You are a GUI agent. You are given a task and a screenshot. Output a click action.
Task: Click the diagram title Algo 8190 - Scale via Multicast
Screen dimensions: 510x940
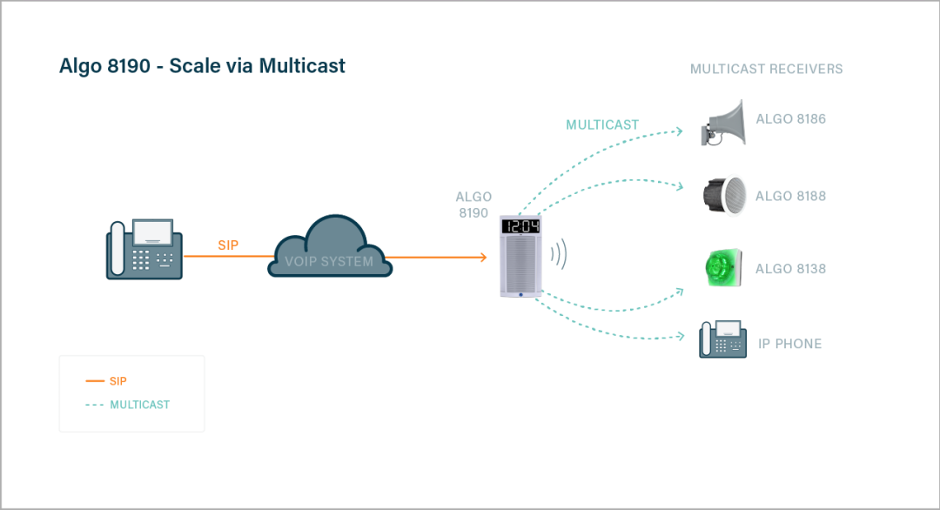(202, 66)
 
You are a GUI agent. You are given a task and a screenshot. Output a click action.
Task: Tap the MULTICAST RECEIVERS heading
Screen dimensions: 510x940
(766, 69)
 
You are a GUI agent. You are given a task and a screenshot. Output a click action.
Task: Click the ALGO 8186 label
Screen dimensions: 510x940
(790, 119)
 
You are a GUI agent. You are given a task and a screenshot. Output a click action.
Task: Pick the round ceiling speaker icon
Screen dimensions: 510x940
(724, 196)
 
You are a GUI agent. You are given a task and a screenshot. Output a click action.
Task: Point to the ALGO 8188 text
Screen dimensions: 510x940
(790, 197)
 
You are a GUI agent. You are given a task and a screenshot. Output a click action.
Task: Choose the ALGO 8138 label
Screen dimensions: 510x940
(790, 269)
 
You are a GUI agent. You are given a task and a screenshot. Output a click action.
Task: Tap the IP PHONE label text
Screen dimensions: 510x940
(789, 344)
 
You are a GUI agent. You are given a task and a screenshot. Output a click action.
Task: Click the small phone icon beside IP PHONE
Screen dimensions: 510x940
(722, 339)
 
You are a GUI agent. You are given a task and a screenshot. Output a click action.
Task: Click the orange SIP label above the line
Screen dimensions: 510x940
(228, 245)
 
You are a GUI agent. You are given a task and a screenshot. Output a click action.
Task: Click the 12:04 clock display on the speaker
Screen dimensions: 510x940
(522, 227)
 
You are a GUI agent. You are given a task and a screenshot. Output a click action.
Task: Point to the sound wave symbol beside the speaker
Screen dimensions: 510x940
(561, 254)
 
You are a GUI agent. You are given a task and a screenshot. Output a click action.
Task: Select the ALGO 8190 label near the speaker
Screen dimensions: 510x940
(473, 205)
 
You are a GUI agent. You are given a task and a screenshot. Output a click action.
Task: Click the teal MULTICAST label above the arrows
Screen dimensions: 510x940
(602, 124)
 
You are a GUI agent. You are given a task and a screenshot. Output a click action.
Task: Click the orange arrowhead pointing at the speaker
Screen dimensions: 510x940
(481, 257)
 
